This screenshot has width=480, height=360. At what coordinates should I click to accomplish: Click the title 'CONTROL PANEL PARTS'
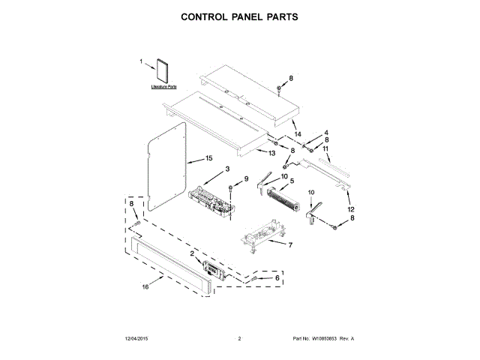coord(239,16)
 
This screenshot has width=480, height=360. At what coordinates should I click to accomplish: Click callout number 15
coord(210,159)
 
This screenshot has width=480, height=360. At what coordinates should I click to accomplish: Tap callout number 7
coord(290,244)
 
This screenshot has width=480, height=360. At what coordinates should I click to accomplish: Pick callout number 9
coord(244,179)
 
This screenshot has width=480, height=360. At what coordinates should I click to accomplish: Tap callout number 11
coord(326,148)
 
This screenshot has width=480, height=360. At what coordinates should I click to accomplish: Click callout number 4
coord(326,133)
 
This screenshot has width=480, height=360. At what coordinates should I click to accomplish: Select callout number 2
coord(192,254)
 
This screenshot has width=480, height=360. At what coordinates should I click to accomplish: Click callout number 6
coord(277,277)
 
